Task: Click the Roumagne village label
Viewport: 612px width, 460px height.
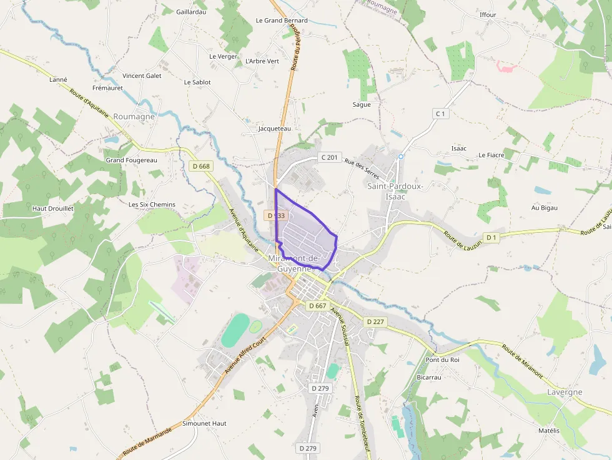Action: point(134,117)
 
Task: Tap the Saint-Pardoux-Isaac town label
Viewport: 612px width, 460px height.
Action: point(395,191)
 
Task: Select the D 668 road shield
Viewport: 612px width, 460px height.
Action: point(202,166)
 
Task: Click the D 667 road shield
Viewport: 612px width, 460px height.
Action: point(317,306)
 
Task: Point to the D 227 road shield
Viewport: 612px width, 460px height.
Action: point(376,321)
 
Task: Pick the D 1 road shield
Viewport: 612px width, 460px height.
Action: point(491,237)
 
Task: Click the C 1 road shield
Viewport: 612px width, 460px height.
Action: point(441,114)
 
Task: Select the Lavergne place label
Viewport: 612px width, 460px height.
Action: point(565,392)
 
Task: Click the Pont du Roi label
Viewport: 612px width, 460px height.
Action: point(442,360)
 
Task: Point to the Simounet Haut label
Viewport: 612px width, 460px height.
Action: point(204,423)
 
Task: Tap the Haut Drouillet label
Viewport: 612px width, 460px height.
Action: point(53,208)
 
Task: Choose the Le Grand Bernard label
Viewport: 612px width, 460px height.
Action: point(282,21)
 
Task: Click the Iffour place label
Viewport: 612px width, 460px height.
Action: point(488,15)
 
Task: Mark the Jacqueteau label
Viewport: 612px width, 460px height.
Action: point(275,129)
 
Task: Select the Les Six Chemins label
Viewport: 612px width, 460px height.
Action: point(152,205)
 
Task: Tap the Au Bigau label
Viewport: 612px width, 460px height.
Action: point(544,207)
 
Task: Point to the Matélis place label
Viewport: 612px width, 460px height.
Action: point(549,431)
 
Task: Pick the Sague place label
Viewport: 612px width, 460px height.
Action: point(362,105)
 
